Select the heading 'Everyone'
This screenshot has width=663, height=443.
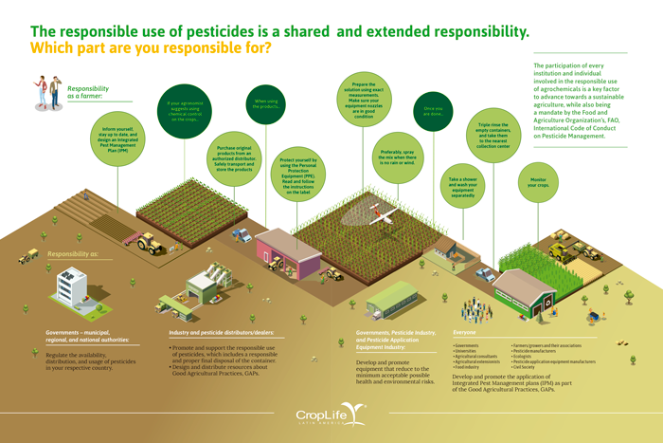pyautogui.click(x=465, y=332)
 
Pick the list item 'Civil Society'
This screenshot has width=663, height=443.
pyautogui.click(x=527, y=366)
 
